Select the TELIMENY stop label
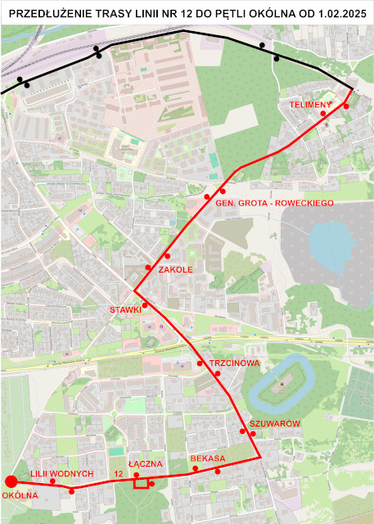click(x=309, y=105)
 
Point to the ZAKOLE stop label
click(x=175, y=269)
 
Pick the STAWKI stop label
click(x=126, y=309)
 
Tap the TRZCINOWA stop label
click(x=234, y=363)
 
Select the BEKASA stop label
click(x=207, y=458)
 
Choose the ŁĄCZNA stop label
click(x=146, y=463)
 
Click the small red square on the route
click(x=141, y=483)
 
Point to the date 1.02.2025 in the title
click(x=333, y=14)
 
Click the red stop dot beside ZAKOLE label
click(x=148, y=268)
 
